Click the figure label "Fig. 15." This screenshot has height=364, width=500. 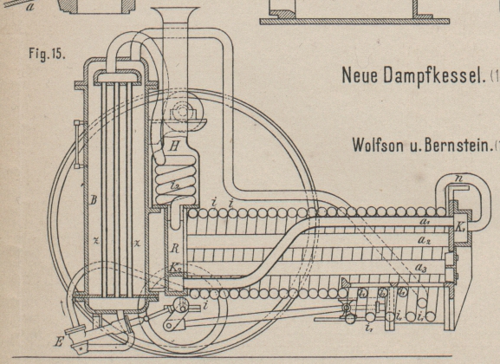47,53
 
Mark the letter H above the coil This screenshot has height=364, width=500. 174,146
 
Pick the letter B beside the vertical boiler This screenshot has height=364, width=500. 93,200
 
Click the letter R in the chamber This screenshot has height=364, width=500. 174,249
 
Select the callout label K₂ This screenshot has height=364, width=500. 175,267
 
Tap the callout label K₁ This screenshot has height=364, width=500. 459,227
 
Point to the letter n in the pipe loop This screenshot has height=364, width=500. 458,179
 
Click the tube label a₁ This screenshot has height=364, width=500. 425,223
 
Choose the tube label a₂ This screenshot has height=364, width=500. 425,240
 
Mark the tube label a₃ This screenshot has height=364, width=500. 421,269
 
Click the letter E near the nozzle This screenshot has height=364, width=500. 59,342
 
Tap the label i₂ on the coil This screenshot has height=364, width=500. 174,185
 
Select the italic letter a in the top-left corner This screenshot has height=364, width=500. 29,7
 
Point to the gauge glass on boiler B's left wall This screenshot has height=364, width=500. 79,144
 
